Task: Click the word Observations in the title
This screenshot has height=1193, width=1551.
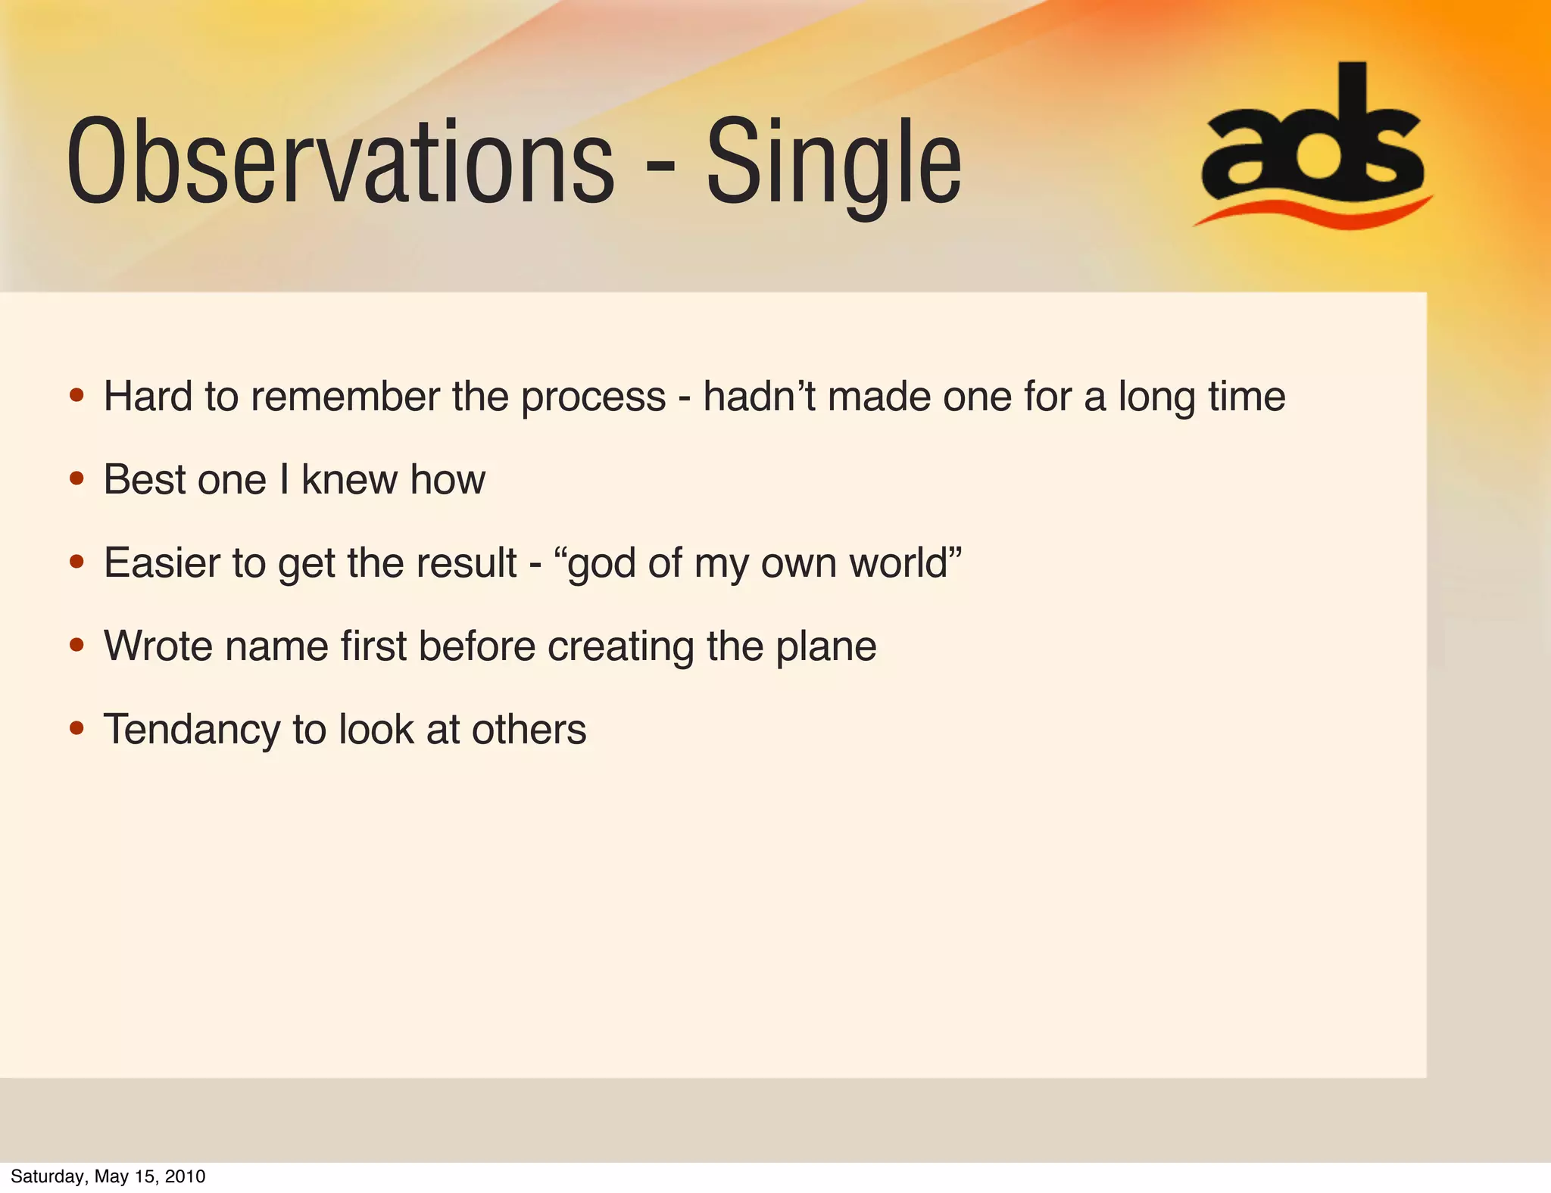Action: click(x=341, y=163)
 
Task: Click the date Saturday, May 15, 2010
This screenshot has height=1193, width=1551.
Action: click(x=108, y=1176)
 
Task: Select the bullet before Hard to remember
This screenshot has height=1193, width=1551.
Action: click(x=76, y=395)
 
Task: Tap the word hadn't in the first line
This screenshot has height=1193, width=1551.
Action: click(x=759, y=397)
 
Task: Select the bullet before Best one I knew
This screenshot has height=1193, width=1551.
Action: click(x=76, y=478)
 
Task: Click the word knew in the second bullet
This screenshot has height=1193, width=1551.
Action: click(x=349, y=480)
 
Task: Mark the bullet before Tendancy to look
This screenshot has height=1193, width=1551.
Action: click(x=76, y=728)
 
